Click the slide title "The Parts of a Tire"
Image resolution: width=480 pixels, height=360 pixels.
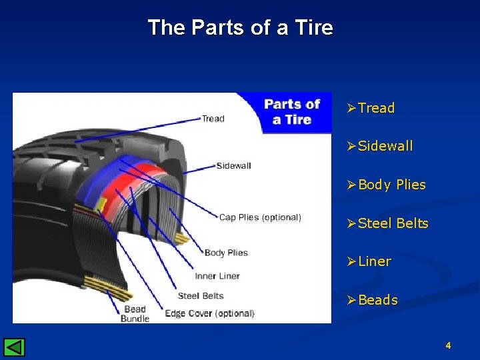click(x=240, y=28)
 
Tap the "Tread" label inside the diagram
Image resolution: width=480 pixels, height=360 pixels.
click(x=213, y=119)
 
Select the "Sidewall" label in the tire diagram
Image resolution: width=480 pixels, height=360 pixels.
click(x=233, y=165)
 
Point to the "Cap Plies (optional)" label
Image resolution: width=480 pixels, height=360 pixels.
click(x=260, y=217)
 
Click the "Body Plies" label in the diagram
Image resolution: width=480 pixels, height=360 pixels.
click(x=226, y=253)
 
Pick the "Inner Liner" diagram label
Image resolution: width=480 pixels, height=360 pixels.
click(x=217, y=276)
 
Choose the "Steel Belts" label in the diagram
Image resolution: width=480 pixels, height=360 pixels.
click(x=201, y=295)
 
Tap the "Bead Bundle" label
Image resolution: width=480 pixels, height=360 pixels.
click(x=135, y=313)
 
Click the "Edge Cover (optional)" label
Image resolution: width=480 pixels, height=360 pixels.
click(x=209, y=313)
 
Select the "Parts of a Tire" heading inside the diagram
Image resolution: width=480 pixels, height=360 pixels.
click(x=292, y=111)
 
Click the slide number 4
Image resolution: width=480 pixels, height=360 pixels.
click(x=448, y=345)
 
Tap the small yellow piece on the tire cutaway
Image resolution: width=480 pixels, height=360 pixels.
click(x=102, y=203)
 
